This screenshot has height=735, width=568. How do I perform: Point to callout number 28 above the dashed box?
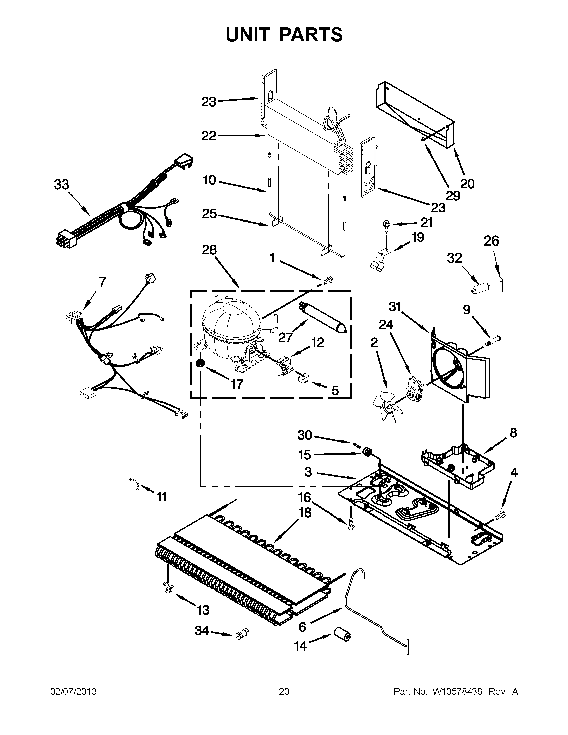(x=209, y=250)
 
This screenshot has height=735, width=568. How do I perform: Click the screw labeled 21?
(x=385, y=226)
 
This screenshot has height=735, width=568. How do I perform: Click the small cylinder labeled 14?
(x=342, y=634)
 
